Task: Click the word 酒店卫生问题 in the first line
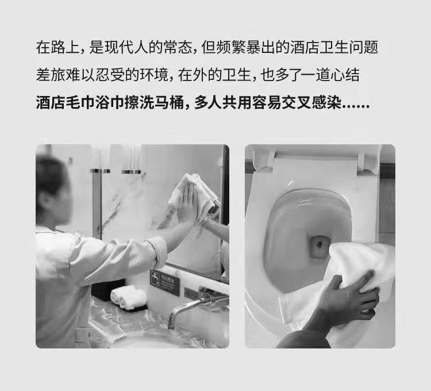coord(334,47)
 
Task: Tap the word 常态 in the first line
coord(178,47)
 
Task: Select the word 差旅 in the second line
coord(51,75)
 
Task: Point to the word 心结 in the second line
coord(345,75)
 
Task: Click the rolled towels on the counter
coord(129,297)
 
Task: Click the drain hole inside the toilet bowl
coord(319,247)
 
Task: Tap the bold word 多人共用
coord(223,103)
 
